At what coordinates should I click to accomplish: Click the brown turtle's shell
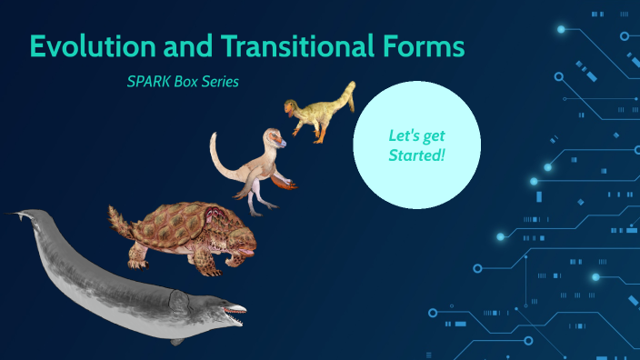point(182,227)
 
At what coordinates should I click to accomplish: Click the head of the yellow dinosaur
point(291,108)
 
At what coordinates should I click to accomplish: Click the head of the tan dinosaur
point(274,138)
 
